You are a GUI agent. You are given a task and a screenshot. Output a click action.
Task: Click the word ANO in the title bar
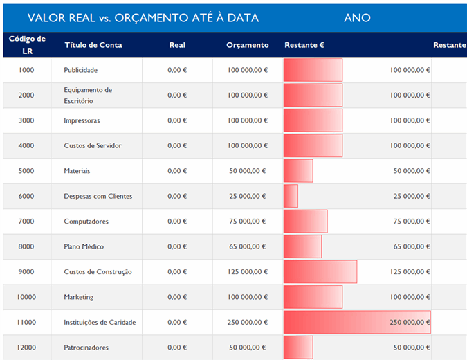point(357,18)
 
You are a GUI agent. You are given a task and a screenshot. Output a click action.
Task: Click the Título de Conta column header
point(93,45)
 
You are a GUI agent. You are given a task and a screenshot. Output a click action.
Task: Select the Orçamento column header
point(247,45)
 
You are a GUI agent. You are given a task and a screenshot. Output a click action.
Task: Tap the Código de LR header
point(27,45)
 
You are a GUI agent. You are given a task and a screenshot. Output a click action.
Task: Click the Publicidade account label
point(80,70)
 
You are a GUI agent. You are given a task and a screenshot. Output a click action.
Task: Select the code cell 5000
point(26,171)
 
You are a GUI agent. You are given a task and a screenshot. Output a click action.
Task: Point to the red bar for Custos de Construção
point(320,272)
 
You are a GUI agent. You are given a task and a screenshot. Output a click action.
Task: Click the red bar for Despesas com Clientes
point(291,196)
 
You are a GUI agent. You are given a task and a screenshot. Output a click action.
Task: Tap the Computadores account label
point(86,222)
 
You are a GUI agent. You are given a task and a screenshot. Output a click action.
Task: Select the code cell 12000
point(26,348)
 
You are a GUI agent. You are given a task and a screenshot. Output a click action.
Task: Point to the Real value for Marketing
point(177,297)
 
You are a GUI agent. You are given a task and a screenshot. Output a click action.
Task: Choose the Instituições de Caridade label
point(100,323)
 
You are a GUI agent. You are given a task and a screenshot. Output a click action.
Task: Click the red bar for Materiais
point(298,171)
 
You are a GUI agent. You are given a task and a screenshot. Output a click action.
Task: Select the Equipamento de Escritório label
point(88,96)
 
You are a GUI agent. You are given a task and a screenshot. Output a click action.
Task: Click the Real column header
point(177,45)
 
